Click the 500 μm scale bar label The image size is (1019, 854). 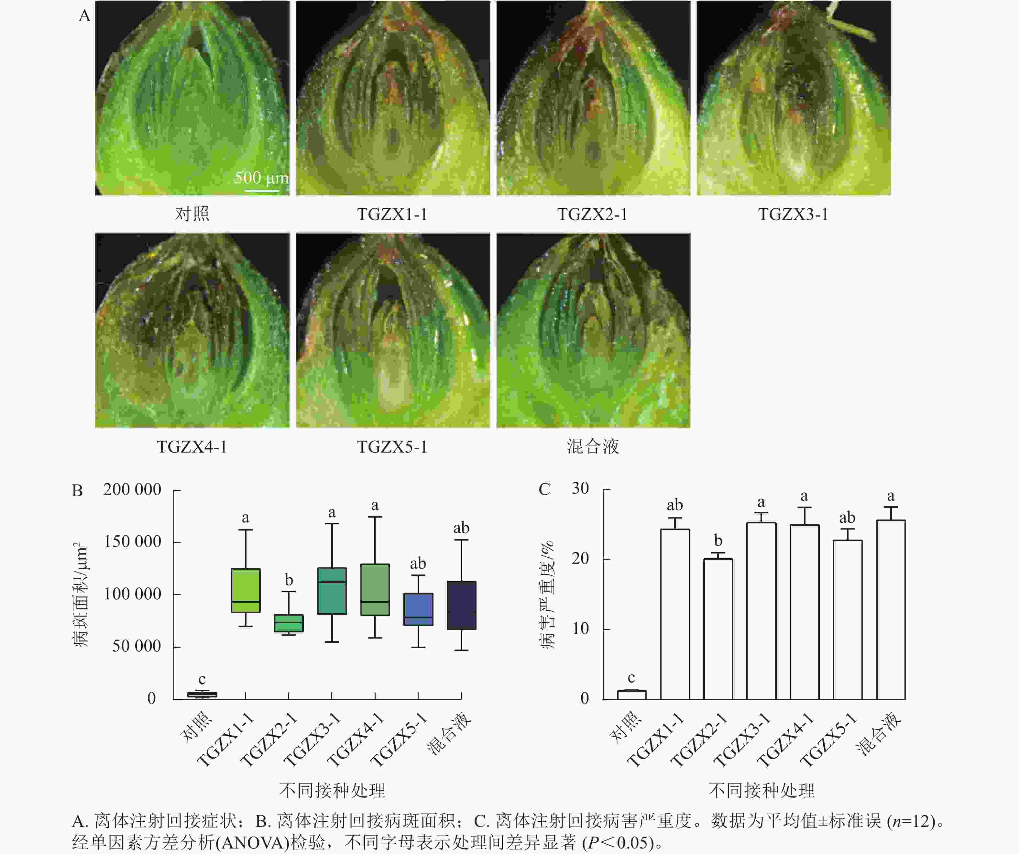click(x=261, y=178)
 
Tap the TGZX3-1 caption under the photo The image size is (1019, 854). click(x=793, y=214)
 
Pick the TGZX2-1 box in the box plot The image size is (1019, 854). click(x=289, y=623)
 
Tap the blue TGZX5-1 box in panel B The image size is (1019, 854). click(x=418, y=609)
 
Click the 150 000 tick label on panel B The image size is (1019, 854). click(x=132, y=542)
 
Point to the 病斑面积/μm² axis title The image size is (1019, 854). click(x=81, y=595)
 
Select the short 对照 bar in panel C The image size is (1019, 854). click(x=631, y=694)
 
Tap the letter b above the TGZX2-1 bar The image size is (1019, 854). click(x=718, y=541)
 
